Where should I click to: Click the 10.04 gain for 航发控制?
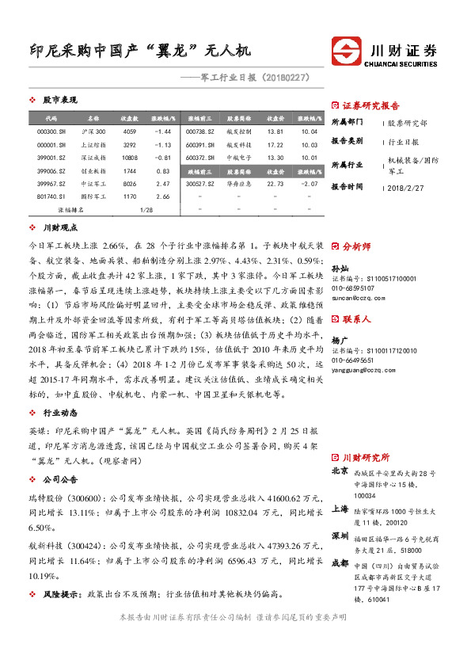click(309, 131)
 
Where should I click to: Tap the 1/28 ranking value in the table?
click(146, 210)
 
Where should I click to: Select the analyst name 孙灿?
click(338, 269)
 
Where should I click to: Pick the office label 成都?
click(340, 563)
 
